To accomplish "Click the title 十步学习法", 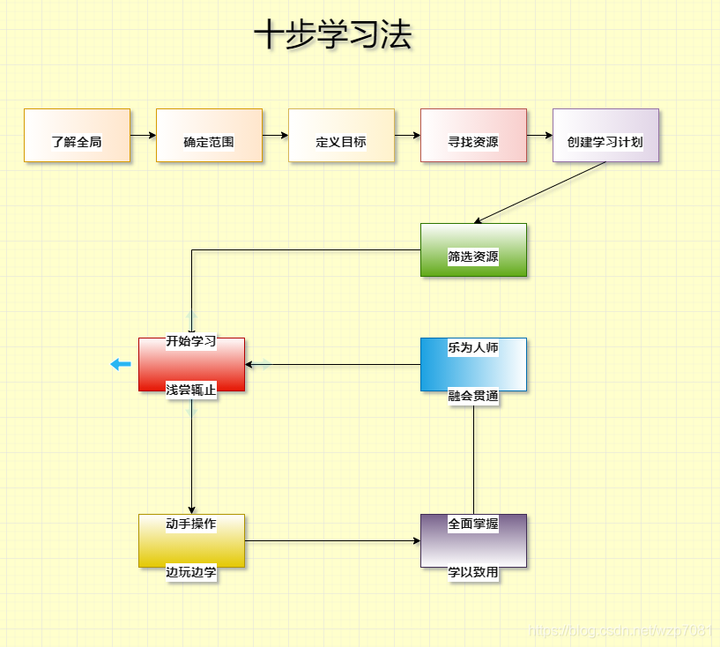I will point(333,36).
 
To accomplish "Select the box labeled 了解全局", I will point(77,136).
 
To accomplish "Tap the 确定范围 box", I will point(209,136).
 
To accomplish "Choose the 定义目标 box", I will point(341,136).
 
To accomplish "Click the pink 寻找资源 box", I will point(473,136).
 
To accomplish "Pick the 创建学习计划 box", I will point(605,136).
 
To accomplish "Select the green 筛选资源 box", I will point(473,250).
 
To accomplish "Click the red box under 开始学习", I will point(191,365).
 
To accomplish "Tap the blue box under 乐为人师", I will point(473,365).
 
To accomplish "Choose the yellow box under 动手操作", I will point(191,541).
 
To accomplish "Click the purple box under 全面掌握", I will point(473,541).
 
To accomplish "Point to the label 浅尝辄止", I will point(191,390).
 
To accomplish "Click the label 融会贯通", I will point(473,397).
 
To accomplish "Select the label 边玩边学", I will point(191,572).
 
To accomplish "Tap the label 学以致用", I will point(473,572).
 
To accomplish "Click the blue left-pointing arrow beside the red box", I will point(121,364).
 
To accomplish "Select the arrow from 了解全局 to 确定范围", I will point(143,136).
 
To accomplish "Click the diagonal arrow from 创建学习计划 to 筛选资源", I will point(539,192).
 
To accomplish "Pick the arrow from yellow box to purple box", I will point(332,540).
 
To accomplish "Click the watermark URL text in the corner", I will point(620,631).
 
